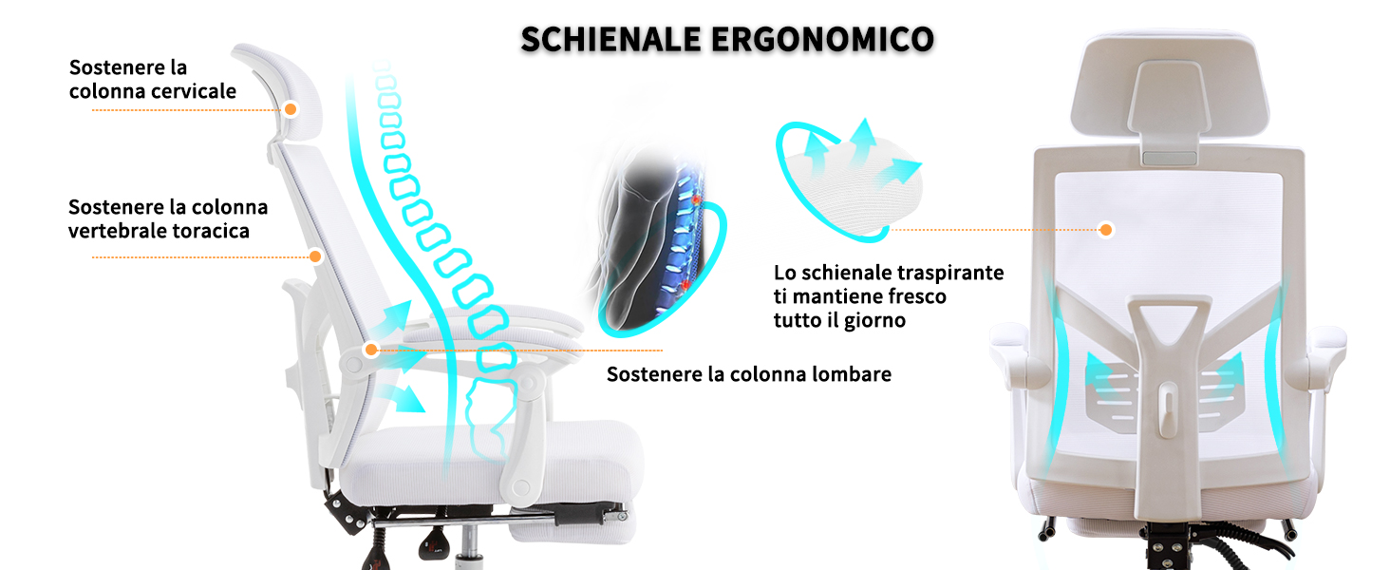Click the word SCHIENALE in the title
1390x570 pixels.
point(610,40)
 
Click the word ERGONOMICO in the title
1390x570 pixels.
point(822,40)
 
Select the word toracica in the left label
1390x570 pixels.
point(211,231)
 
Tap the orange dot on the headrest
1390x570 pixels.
point(291,109)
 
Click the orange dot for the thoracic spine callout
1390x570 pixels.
point(315,256)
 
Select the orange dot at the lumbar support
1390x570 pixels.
point(371,350)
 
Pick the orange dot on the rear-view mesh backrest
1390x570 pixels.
point(1106,230)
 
